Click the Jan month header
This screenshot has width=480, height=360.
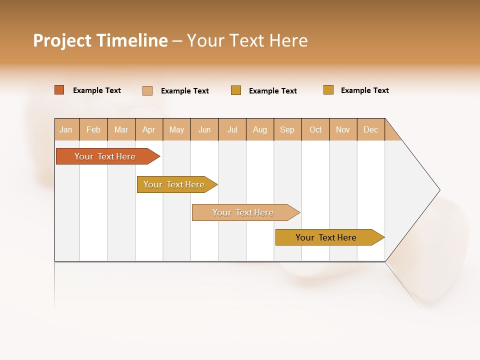pos(66,130)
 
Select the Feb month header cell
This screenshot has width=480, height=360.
pos(93,130)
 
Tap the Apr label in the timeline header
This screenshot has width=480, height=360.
pos(148,130)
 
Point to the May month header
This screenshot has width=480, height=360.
pos(176,130)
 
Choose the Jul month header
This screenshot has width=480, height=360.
pos(232,130)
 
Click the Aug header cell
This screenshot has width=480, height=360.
pos(259,130)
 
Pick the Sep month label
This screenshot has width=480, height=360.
pos(287,130)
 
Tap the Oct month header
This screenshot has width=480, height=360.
pos(315,130)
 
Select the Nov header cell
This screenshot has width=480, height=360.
pos(342,130)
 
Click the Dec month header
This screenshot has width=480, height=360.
pos(370,130)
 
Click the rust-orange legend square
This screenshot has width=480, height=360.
pos(59,90)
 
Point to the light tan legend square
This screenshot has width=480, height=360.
pos(147,90)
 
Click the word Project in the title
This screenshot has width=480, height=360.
pos(62,40)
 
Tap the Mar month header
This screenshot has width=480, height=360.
pos(121,130)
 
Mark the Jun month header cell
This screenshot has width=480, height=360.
pos(204,130)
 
